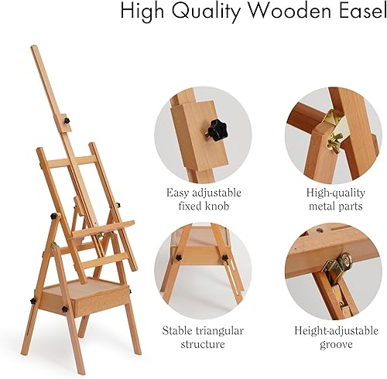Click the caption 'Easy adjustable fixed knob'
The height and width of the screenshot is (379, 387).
tap(204, 199)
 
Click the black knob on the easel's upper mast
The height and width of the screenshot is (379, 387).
tap(67, 121)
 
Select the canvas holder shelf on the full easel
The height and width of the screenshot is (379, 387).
tap(101, 228)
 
